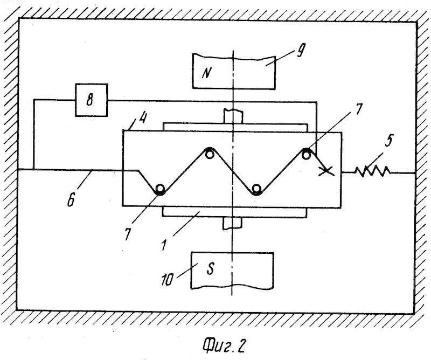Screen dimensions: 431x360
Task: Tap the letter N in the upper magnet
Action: tap(207, 73)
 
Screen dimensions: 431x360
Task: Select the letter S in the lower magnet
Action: tap(210, 269)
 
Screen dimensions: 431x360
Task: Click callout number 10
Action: tap(167, 280)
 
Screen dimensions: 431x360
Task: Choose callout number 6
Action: tap(71, 200)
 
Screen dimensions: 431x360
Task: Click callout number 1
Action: tap(165, 245)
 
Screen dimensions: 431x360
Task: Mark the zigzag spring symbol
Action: tap(373, 171)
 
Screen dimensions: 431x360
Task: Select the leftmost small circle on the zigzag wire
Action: tap(159, 189)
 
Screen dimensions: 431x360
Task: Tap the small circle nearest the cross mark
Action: tap(305, 155)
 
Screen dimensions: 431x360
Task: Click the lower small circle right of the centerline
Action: tap(256, 189)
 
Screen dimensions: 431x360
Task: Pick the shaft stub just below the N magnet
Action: tap(233, 116)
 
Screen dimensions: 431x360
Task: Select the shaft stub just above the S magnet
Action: tap(233, 223)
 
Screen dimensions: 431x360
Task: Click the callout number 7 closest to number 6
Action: tap(128, 234)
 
